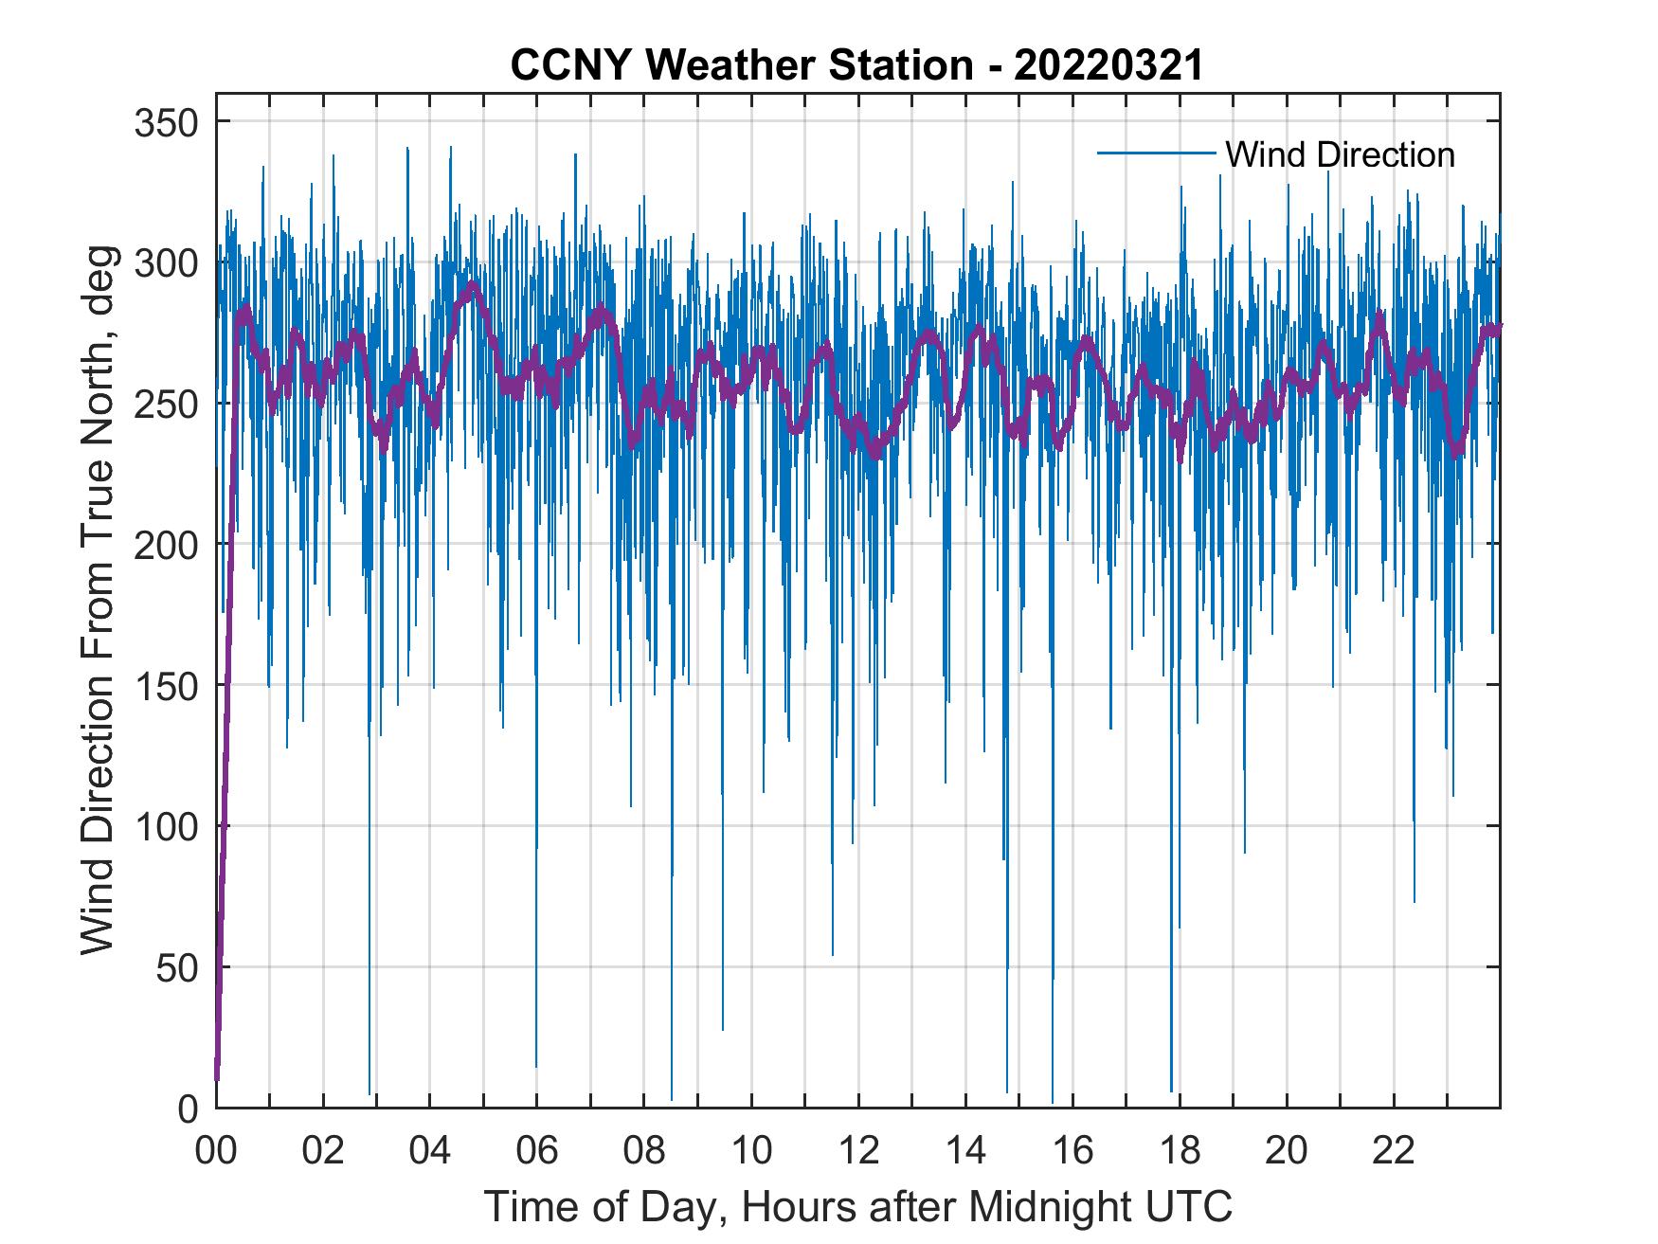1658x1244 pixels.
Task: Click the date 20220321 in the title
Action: click(1108, 65)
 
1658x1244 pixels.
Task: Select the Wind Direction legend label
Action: click(1340, 154)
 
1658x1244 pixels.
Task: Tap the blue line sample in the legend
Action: click(1156, 153)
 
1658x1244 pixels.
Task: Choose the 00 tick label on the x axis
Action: click(216, 1151)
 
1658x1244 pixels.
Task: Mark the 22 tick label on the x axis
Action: click(1393, 1151)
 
